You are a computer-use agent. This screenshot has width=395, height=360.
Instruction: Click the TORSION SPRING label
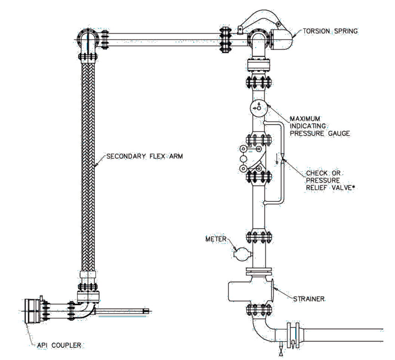coord(330,31)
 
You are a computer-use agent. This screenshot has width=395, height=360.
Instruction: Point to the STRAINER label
coord(309,299)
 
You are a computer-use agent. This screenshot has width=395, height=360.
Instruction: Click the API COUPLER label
coord(59,345)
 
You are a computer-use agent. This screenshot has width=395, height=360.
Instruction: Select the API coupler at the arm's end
coord(33,311)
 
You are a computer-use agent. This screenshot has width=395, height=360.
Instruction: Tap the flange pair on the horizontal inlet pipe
coord(293,333)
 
